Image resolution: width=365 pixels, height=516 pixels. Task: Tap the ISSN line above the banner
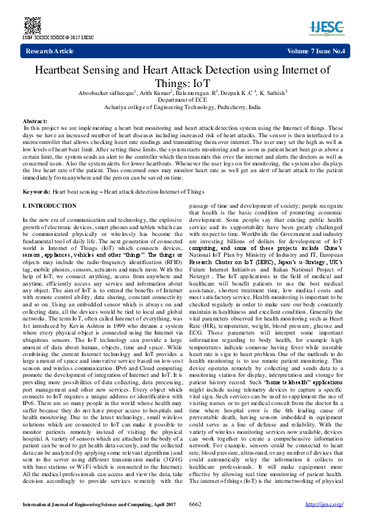[x=58, y=37]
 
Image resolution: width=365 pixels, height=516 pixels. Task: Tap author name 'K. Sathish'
[x=271, y=93]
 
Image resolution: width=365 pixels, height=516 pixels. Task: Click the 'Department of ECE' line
[x=182, y=99]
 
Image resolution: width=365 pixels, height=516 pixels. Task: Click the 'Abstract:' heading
[x=35, y=122]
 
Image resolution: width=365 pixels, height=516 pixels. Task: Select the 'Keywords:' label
[x=36, y=192]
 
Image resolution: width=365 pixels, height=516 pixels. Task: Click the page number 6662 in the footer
[x=195, y=504]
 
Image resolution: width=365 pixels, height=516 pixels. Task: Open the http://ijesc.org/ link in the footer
[x=324, y=504]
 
